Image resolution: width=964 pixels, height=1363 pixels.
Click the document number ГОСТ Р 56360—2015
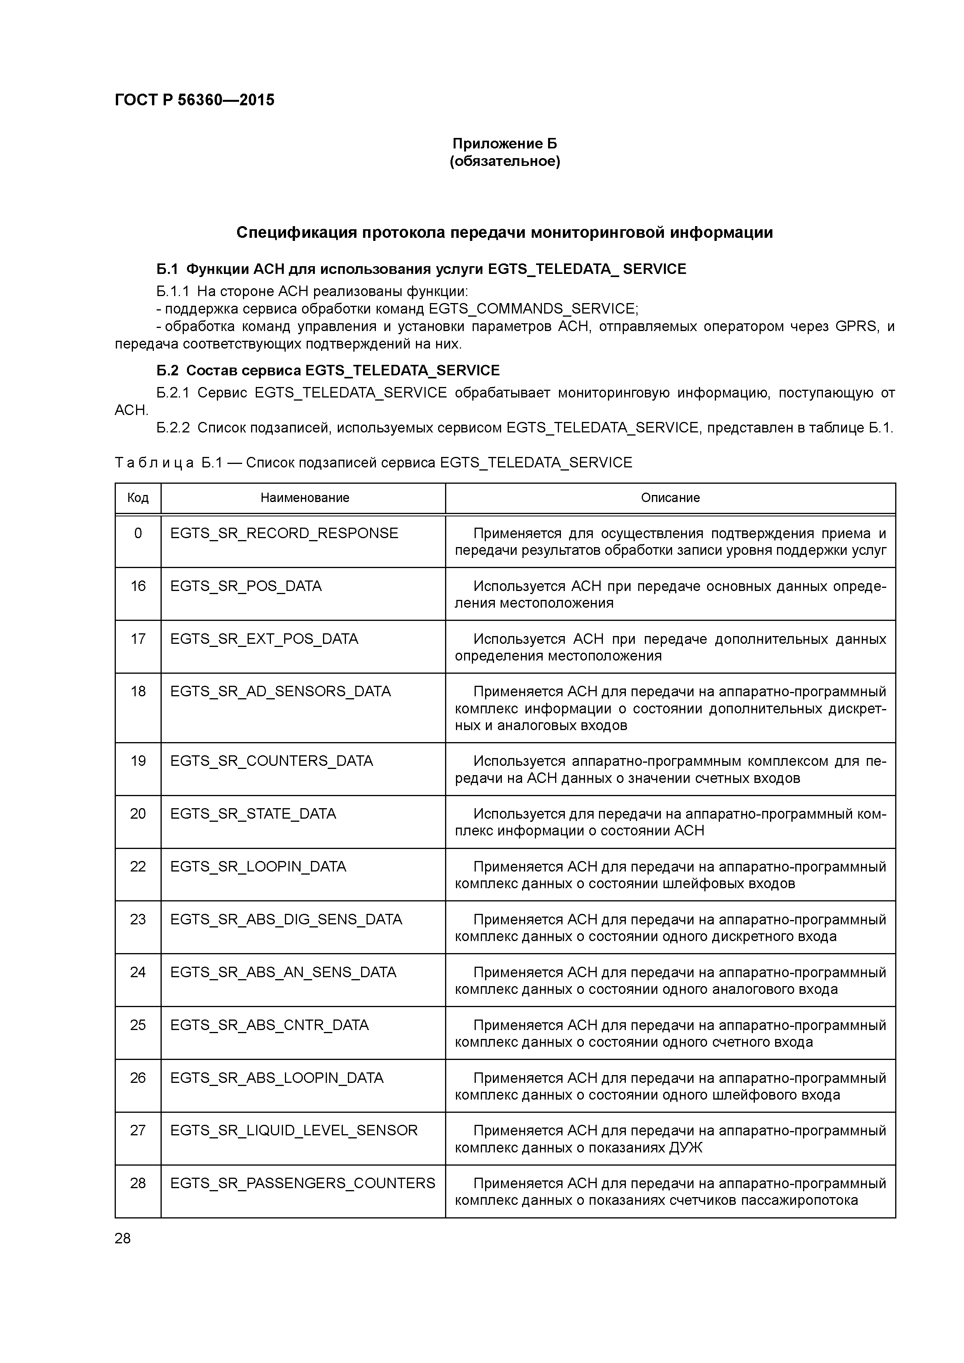coord(194,100)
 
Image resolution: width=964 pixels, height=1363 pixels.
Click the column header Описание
coord(670,497)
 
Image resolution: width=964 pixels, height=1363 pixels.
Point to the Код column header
coord(138,497)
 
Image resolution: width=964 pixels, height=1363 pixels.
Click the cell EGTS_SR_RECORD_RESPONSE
coord(284,533)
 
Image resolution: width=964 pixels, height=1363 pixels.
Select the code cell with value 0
coord(138,533)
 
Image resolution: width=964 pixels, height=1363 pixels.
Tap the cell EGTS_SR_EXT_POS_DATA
coord(264,639)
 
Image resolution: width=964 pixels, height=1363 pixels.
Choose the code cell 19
coord(138,760)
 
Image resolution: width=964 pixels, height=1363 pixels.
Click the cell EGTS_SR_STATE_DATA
coord(253,813)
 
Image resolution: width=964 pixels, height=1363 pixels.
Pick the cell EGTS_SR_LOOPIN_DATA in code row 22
coord(258,866)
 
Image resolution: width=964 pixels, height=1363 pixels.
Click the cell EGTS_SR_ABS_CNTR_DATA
coord(269,1025)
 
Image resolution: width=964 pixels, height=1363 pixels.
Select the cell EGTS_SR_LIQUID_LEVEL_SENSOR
coord(294,1130)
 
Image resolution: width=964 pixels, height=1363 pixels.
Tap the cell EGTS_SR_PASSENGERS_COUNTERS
coord(302,1183)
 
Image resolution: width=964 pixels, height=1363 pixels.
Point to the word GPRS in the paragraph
coord(856,326)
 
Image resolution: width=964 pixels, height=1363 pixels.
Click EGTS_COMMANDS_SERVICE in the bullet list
coord(532,309)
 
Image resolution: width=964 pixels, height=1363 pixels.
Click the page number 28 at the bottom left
coord(122,1238)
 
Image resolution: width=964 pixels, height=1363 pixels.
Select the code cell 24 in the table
coord(138,972)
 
